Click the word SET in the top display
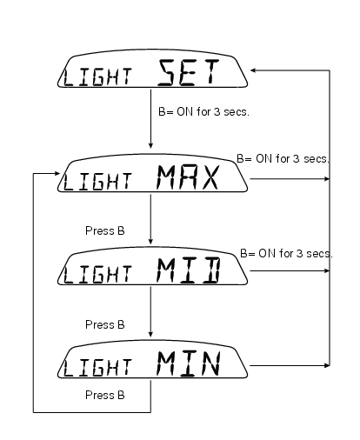click(x=188, y=72)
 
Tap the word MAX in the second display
click(x=187, y=177)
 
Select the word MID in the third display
click(x=189, y=270)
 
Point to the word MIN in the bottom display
click(x=189, y=363)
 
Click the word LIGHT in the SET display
click(x=97, y=77)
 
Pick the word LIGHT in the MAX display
click(x=97, y=182)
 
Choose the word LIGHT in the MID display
click(x=97, y=275)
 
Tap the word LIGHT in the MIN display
click(x=97, y=368)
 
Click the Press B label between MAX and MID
click(x=105, y=231)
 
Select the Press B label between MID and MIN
click(x=105, y=324)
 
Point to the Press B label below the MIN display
click(x=105, y=395)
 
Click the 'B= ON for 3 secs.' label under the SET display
click(x=203, y=111)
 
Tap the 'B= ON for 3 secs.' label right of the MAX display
click(x=283, y=159)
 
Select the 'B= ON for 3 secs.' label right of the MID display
click(x=286, y=254)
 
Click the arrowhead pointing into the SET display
click(x=252, y=70)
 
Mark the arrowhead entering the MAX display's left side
click(x=57, y=173)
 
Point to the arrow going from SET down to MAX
click(x=150, y=119)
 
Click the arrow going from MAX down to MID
click(x=150, y=219)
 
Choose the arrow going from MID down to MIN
click(x=150, y=311)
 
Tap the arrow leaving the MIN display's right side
click(x=290, y=365)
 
